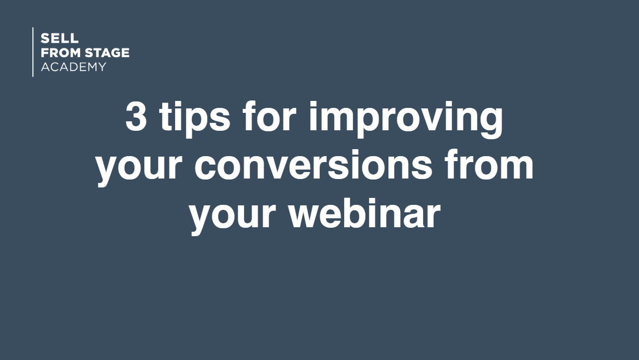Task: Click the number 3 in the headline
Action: click(x=136, y=116)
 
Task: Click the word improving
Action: click(x=406, y=119)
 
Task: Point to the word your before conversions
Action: click(x=139, y=168)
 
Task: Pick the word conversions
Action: click(x=313, y=165)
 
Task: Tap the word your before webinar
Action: click(x=233, y=217)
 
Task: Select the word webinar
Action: click(x=365, y=213)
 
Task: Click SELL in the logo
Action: click(x=60, y=38)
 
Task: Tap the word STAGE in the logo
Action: click(x=107, y=53)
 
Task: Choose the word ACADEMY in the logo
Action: click(x=74, y=67)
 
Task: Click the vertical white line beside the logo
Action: click(x=33, y=52)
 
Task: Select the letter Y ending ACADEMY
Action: click(x=101, y=67)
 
